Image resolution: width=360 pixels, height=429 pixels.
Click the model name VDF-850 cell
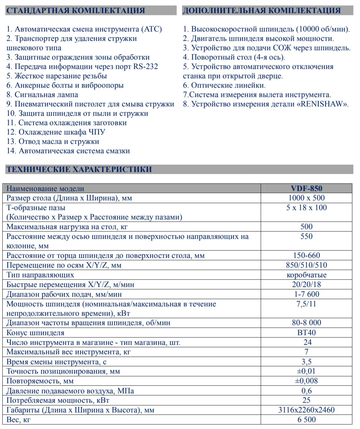(x=306, y=188)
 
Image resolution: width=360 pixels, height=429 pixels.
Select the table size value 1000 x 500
(x=306, y=198)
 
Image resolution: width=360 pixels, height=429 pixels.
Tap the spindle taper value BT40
(x=306, y=333)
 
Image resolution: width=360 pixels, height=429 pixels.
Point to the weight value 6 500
(x=306, y=420)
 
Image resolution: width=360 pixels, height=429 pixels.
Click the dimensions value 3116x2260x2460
(x=306, y=410)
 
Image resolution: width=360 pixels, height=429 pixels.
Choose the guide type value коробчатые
(x=306, y=275)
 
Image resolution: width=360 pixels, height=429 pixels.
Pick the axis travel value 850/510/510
(x=306, y=265)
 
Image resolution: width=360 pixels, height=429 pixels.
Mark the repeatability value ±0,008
(x=306, y=381)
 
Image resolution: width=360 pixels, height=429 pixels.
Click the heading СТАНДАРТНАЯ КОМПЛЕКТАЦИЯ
(x=76, y=10)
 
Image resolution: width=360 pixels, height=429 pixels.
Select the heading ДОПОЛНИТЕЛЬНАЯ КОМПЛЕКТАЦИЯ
(x=261, y=10)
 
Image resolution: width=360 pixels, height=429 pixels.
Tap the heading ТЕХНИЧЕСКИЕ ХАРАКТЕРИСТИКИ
(x=79, y=169)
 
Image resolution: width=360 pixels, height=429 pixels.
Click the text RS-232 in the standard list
(x=146, y=67)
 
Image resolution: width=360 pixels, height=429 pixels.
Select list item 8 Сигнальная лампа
(x=42, y=95)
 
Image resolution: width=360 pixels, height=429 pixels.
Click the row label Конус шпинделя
(x=35, y=333)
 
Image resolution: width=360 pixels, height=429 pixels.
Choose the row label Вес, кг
(x=18, y=420)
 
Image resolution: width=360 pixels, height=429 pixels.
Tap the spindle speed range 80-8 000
(x=306, y=323)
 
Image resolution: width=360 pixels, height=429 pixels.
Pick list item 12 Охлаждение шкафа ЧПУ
(x=56, y=132)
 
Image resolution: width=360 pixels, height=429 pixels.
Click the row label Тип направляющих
(x=40, y=275)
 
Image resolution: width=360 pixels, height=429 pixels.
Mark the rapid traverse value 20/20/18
(x=306, y=285)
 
